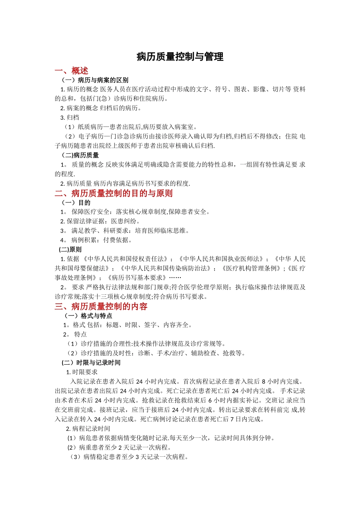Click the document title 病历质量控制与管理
click(180, 57)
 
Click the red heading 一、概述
click(71, 71)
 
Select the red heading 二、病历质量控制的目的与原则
click(114, 193)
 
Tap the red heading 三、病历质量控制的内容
click(101, 306)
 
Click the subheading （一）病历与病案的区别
click(95, 80)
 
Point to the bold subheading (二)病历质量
click(80, 155)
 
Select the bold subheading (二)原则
click(70, 250)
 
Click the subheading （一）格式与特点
click(88, 316)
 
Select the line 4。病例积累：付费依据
click(96, 240)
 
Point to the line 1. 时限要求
click(82, 372)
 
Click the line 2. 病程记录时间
click(88, 429)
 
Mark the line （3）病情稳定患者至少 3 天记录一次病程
click(129, 457)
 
